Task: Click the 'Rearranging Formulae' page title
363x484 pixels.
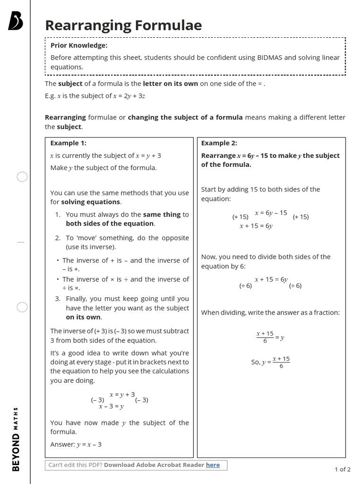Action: [123, 25]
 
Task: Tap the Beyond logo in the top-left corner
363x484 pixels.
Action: [16, 21]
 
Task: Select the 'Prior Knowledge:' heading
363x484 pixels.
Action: [79, 45]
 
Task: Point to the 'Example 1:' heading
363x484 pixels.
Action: [69, 143]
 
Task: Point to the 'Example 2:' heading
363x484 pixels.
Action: [219, 143]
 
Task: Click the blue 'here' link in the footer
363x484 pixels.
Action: [213, 465]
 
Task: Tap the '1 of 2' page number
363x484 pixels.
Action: [342, 469]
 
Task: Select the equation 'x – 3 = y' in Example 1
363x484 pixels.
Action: [112, 406]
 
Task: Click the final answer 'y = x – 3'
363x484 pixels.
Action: [89, 444]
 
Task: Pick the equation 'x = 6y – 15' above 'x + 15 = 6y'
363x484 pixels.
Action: [271, 213]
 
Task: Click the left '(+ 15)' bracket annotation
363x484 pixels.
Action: [240, 217]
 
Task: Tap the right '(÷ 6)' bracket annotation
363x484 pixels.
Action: [295, 285]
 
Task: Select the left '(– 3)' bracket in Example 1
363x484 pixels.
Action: [97, 400]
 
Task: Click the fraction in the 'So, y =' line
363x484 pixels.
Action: [281, 362]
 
